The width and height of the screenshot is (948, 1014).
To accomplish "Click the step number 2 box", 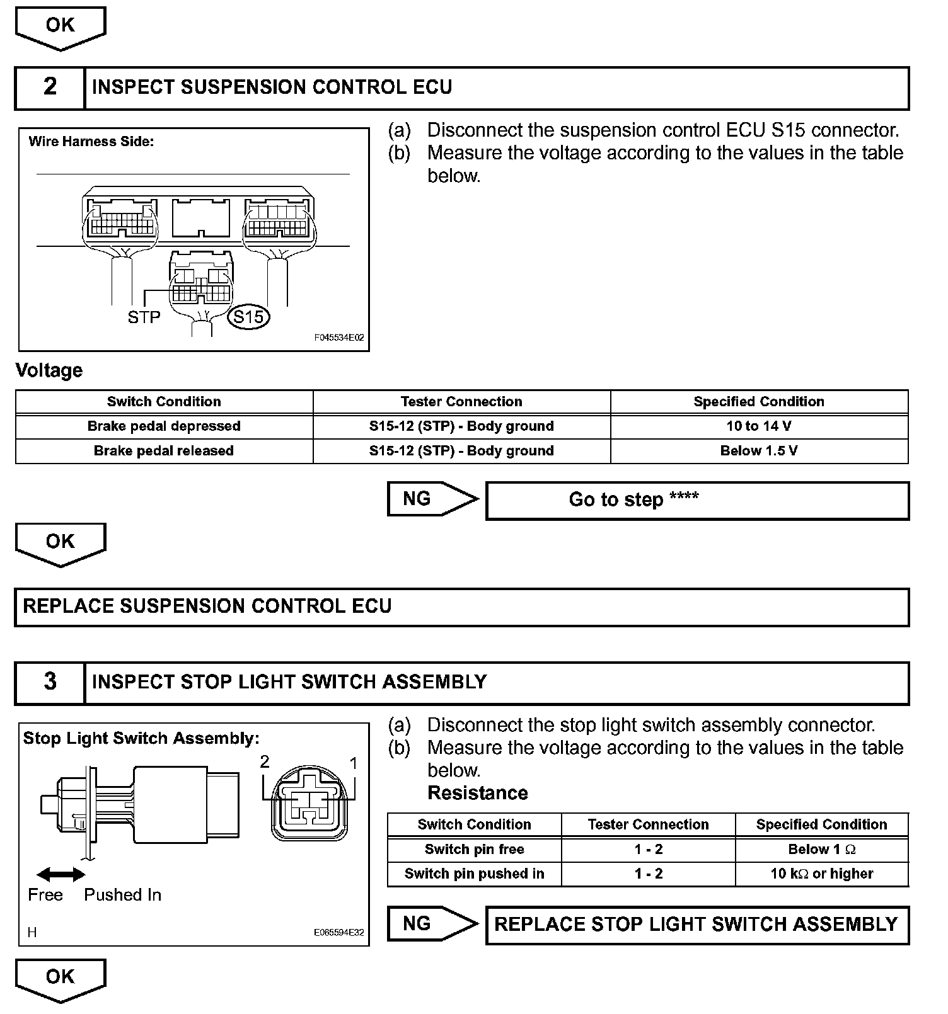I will (50, 87).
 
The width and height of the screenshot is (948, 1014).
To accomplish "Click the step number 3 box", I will (50, 682).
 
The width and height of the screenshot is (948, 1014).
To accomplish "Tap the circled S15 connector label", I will (248, 316).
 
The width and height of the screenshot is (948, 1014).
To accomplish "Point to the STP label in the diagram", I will (144, 317).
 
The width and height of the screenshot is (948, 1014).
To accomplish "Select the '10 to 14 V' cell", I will (759, 426).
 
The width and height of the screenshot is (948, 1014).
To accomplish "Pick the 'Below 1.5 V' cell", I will (759, 451).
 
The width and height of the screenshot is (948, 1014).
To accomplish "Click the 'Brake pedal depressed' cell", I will (164, 426).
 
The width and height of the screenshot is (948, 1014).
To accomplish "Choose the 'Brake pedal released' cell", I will (164, 451).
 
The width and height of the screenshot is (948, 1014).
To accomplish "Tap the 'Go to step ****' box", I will (697, 500).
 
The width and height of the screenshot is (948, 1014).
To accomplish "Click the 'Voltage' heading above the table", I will (49, 370).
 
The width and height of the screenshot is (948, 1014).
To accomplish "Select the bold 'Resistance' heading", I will (478, 793).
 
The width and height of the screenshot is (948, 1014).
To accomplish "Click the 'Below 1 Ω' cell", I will (822, 850).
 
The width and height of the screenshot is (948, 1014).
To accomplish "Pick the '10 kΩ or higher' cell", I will (822, 874).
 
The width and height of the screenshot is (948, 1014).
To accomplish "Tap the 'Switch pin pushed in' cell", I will (474, 874).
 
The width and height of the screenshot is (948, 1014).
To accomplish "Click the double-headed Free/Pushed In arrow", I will (61, 874).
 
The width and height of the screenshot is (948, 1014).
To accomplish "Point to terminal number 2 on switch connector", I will (265, 762).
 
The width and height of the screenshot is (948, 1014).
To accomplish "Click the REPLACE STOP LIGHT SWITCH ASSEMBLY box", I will (697, 925).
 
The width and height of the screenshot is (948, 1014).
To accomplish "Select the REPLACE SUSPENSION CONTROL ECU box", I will (461, 607).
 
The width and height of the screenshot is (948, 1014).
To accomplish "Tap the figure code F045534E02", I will (339, 338).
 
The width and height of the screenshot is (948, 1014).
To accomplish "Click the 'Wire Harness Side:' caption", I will (91, 142).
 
